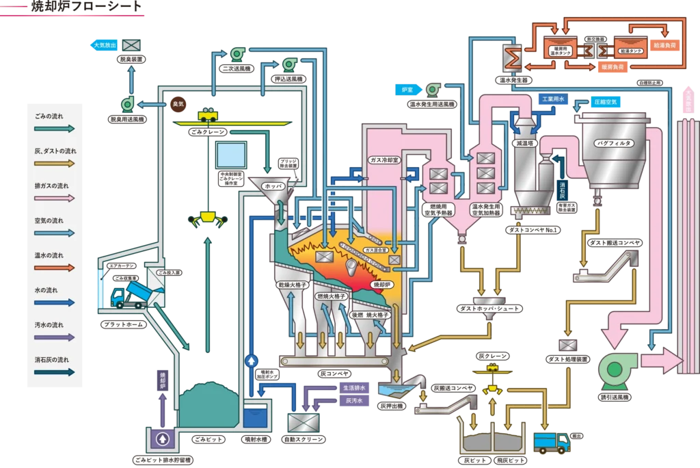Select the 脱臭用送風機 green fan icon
point(127,104)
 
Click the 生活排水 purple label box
point(355,387)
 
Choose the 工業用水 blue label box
point(552,99)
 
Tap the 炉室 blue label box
point(407,90)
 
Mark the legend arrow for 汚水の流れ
point(55,337)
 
